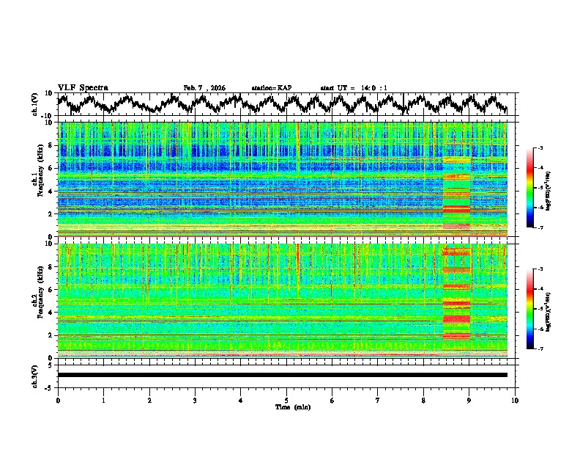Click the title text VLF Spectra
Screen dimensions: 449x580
[83, 87]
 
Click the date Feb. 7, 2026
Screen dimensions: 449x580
[204, 88]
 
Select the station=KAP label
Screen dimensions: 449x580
[272, 88]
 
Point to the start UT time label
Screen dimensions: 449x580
[354, 88]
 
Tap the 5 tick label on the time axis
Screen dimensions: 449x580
[286, 400]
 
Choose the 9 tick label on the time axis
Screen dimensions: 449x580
[469, 400]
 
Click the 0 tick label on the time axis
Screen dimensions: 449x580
[58, 400]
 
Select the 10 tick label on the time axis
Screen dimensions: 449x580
[515, 400]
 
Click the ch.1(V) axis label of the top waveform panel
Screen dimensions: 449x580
[35, 104]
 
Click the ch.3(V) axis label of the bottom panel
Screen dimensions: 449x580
[35, 374]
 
